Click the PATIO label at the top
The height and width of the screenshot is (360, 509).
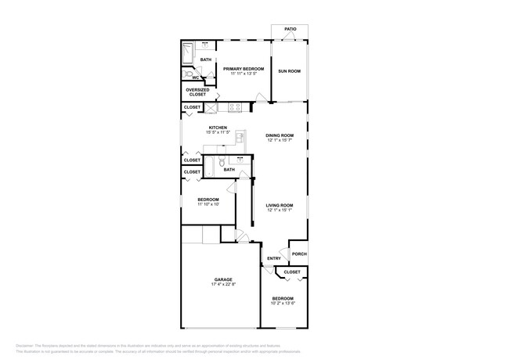(291, 29)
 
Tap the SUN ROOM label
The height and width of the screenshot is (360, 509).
(290, 71)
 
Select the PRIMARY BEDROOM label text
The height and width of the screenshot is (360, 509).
(244, 69)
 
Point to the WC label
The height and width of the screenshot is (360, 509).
(195, 77)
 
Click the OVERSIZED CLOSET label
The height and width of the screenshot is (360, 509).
(197, 92)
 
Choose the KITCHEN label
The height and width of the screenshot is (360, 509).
(218, 128)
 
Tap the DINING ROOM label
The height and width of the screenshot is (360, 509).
(280, 135)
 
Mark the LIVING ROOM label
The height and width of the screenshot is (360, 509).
(280, 205)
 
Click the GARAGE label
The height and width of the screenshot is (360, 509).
(223, 279)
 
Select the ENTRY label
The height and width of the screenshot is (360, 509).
(274, 258)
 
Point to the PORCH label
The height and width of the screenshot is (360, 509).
(299, 254)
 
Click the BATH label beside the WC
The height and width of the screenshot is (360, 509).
(206, 59)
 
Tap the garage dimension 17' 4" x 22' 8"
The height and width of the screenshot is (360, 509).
(223, 285)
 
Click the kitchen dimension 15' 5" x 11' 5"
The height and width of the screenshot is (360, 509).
(218, 133)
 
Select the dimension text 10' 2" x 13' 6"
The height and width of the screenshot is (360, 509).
(283, 303)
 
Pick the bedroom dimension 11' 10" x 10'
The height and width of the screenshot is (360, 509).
(208, 204)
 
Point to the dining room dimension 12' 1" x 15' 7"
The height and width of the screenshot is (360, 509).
(280, 141)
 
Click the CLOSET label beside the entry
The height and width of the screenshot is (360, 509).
(292, 272)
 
